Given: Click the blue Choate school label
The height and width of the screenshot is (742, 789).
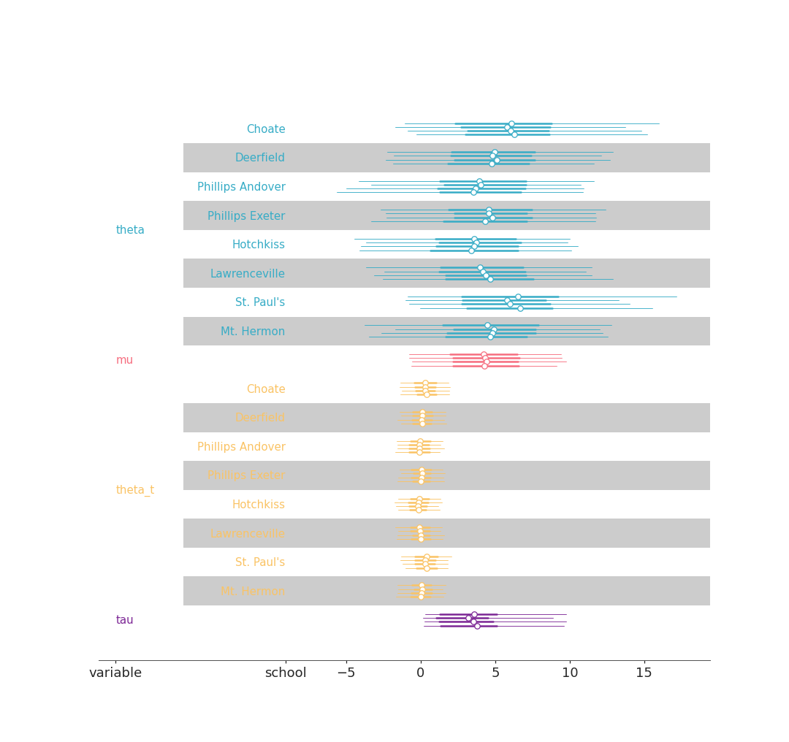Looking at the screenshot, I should (x=266, y=129).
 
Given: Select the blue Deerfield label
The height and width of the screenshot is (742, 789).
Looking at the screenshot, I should (x=260, y=158).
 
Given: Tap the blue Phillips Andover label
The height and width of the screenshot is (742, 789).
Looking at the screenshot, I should (x=241, y=187).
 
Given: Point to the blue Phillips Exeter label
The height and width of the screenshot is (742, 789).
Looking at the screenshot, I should (x=246, y=216).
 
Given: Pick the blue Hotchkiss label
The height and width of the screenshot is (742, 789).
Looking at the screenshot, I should (x=259, y=245).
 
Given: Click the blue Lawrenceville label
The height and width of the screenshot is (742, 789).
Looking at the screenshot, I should (x=248, y=274).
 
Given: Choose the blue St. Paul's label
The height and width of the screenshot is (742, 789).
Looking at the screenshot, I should (x=260, y=302).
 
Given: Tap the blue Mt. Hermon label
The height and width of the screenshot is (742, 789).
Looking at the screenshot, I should (x=253, y=332).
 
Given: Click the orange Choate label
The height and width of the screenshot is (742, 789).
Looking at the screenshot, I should (x=266, y=389).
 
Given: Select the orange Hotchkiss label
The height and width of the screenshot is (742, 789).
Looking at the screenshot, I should (x=259, y=505).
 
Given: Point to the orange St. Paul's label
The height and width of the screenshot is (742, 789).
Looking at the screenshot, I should (x=260, y=562).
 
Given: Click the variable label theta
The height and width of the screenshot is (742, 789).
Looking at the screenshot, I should (x=130, y=230).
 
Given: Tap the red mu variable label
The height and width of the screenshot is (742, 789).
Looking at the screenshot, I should (x=124, y=360).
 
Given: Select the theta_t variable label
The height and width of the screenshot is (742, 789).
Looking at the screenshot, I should (x=135, y=490).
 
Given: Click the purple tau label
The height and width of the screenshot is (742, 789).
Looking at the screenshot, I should (x=124, y=620).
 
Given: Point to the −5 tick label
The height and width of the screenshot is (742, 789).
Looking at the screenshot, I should (x=346, y=673).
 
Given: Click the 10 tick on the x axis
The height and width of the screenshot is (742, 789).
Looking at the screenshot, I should (x=570, y=673).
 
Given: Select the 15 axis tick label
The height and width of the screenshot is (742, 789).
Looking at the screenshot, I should (x=644, y=673).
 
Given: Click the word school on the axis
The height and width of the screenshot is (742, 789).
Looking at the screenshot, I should (x=286, y=673).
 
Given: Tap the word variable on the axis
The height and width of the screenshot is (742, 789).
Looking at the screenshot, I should (x=115, y=673).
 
